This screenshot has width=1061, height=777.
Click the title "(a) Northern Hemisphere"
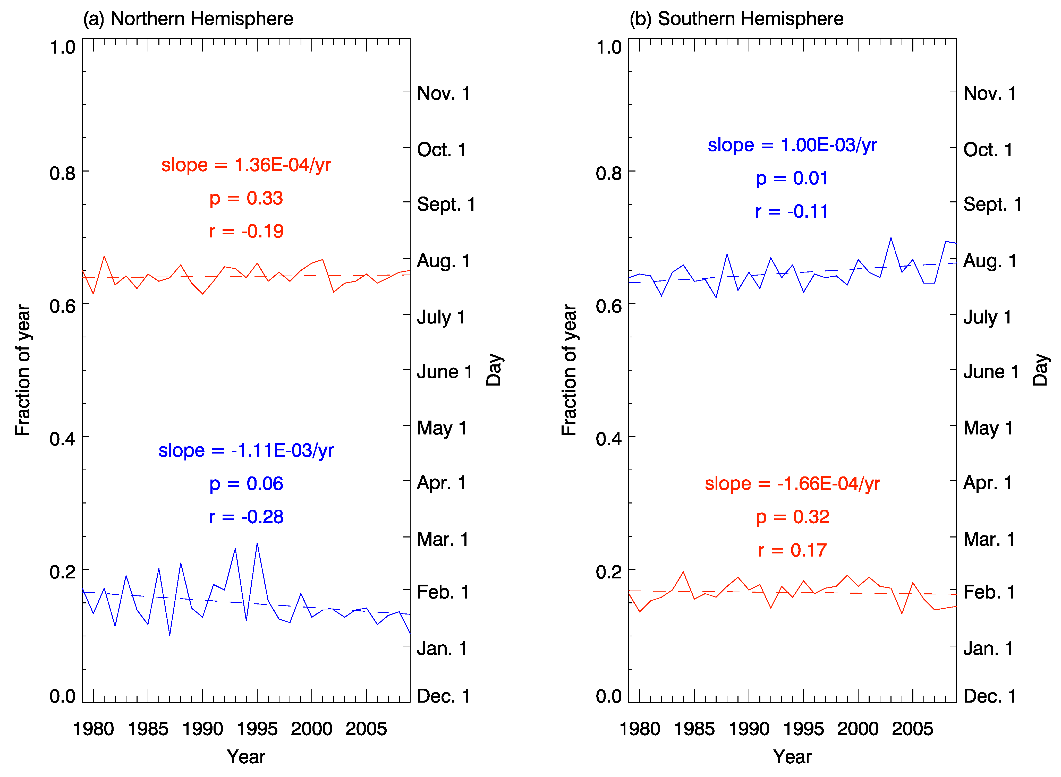pos(188,19)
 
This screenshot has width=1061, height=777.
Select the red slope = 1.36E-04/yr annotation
pos(246,165)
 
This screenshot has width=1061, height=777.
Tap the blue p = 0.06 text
pos(246,483)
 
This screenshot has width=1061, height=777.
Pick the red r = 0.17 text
pos(792,550)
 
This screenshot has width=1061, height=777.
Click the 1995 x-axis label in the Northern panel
pos(257,729)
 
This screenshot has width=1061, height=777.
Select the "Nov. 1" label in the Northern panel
pos(443,93)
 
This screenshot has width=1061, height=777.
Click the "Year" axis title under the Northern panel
pos(246,757)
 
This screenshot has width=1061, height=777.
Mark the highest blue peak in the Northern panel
pos(257,544)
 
